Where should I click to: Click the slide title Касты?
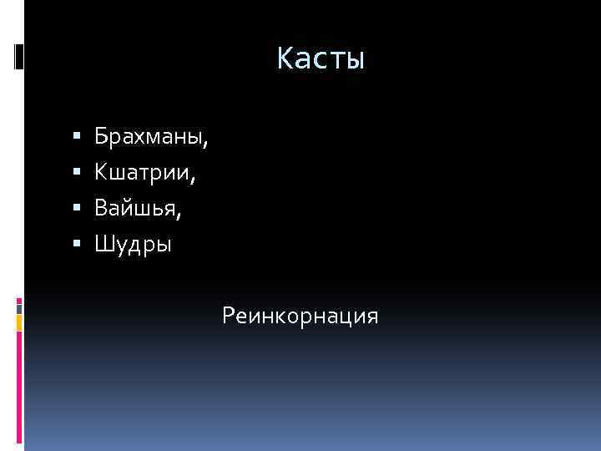(x=321, y=59)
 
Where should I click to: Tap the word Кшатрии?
(x=143, y=173)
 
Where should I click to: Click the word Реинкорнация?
(x=300, y=317)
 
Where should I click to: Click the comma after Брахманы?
(x=205, y=143)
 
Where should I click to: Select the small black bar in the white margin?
(x=18, y=57)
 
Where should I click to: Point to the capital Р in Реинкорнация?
(x=228, y=317)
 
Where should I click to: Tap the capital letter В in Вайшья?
(x=100, y=209)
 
